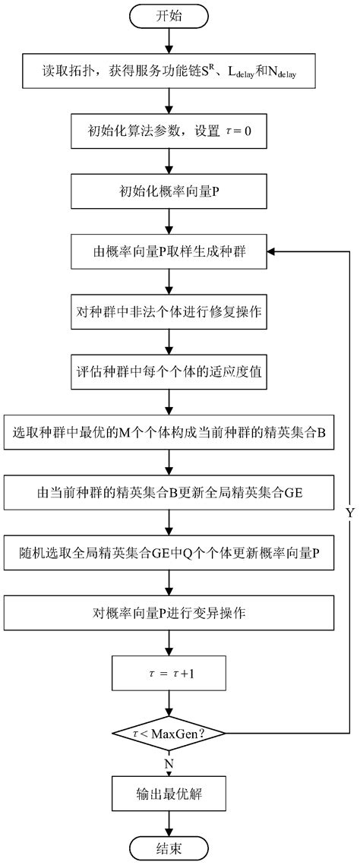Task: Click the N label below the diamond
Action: click(169, 762)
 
